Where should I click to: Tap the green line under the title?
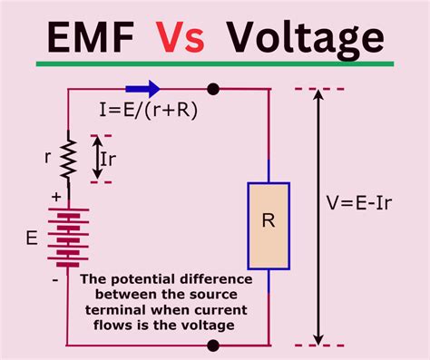click(215, 64)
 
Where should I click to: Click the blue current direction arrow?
click(142, 89)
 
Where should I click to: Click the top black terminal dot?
click(213, 89)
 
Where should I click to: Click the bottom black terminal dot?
click(213, 345)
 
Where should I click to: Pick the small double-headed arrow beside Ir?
click(99, 159)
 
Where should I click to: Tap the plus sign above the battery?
click(54, 195)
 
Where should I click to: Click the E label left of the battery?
click(34, 239)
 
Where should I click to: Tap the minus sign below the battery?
click(54, 281)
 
